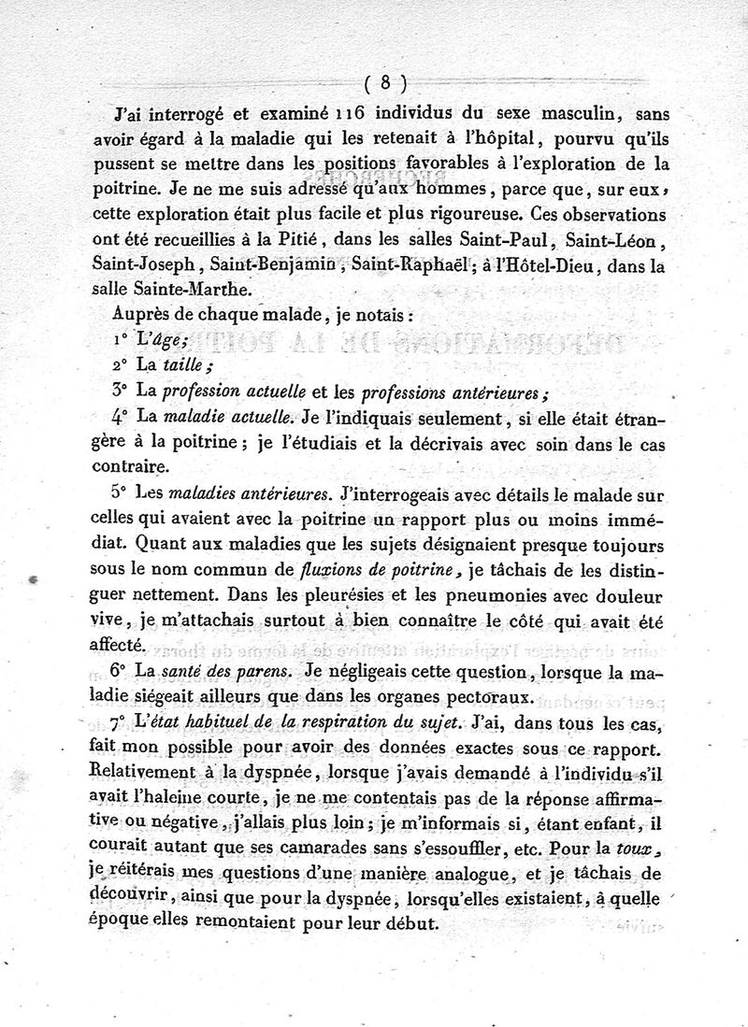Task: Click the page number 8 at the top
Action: [x=386, y=82]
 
